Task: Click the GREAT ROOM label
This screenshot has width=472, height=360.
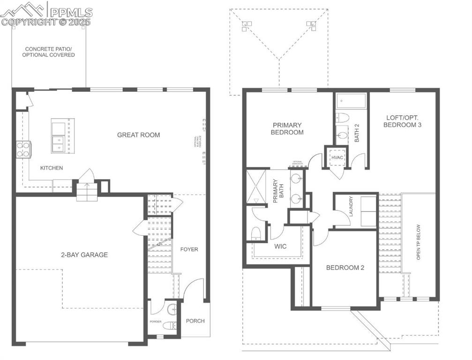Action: tap(138, 135)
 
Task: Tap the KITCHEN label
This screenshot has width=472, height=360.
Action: tap(52, 168)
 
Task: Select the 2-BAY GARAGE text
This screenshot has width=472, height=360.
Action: tap(84, 255)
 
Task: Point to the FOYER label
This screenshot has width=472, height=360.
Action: tap(189, 249)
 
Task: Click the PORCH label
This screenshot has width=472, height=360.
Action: tap(195, 321)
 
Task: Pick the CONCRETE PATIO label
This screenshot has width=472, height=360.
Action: tap(50, 52)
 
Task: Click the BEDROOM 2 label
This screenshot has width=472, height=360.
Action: tap(345, 268)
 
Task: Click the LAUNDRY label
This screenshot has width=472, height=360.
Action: tap(350, 207)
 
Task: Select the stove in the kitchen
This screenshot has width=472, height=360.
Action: tap(23, 149)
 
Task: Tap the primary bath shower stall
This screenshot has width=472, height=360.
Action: tap(256, 187)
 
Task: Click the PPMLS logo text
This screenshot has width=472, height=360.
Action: tap(70, 12)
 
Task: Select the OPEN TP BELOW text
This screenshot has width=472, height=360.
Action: tap(419, 241)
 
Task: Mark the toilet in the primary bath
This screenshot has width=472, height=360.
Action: tap(256, 233)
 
